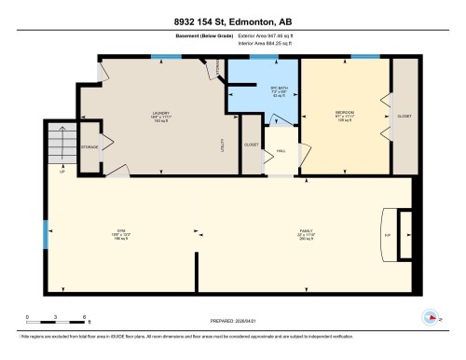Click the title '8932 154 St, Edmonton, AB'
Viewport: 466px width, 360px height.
(x=232, y=21)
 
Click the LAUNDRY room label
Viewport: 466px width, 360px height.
(x=160, y=116)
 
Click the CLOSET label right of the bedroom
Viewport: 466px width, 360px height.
(x=404, y=116)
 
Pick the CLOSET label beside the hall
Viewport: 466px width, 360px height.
(x=251, y=145)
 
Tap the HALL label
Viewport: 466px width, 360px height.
(x=280, y=151)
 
